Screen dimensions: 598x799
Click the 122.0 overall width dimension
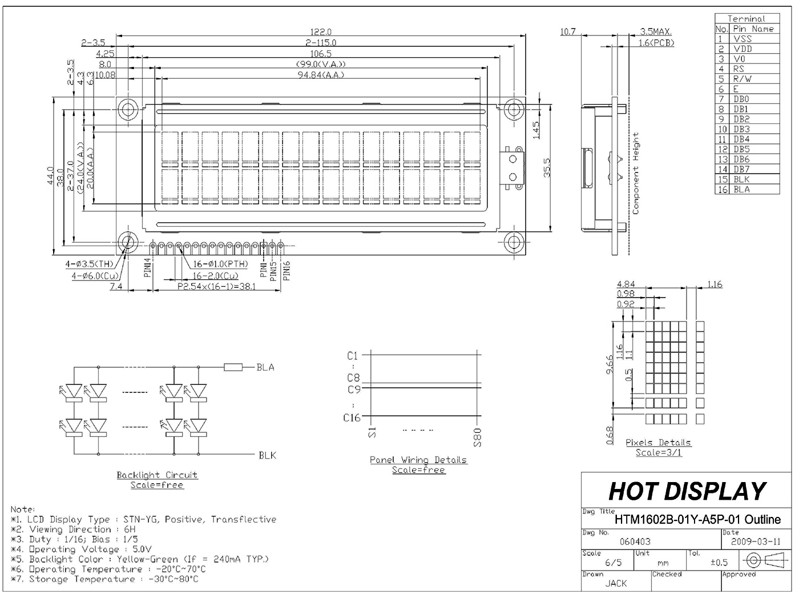coord(321,32)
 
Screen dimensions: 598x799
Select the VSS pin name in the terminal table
coord(742,39)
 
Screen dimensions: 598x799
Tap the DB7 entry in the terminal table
coord(741,169)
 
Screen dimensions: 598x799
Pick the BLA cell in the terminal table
coord(741,189)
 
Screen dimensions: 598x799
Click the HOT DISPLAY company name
coord(687,491)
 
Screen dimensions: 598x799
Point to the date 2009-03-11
coord(756,541)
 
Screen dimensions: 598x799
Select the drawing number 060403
coord(635,541)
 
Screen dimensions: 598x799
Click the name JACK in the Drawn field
coord(616,583)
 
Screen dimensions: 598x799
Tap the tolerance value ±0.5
coord(719,563)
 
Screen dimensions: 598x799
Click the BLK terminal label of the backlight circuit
coord(267,455)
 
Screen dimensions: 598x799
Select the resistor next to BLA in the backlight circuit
coord(233,367)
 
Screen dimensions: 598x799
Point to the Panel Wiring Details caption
coord(418,460)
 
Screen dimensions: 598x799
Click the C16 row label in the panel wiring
coord(352,418)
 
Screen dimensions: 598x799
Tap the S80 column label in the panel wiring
coord(478,437)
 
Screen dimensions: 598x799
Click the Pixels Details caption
coord(658,443)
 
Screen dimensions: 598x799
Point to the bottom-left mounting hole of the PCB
coord(127,242)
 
